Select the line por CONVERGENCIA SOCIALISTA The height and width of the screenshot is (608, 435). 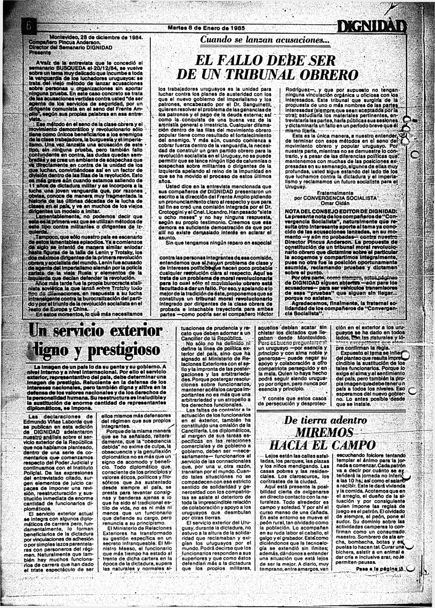click(x=335, y=198)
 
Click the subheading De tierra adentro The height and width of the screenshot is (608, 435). click(x=325, y=420)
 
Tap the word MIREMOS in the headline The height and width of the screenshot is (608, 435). click(x=324, y=432)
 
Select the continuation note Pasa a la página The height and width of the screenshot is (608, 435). click(x=379, y=569)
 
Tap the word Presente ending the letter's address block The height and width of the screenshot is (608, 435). click(x=38, y=52)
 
